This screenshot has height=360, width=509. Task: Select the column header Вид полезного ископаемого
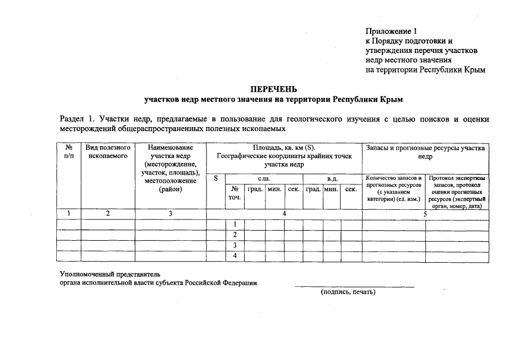coord(108,151)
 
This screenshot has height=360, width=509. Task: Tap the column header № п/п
coord(69,151)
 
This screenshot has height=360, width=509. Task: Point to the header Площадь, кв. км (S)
coord(284,147)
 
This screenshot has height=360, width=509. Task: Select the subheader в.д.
coord(332,179)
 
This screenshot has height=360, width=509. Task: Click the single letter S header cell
coord(215,179)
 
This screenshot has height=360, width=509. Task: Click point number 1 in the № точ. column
coord(235,224)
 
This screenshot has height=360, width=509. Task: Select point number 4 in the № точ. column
coord(235,256)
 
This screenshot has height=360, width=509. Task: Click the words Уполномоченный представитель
coord(110,274)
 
